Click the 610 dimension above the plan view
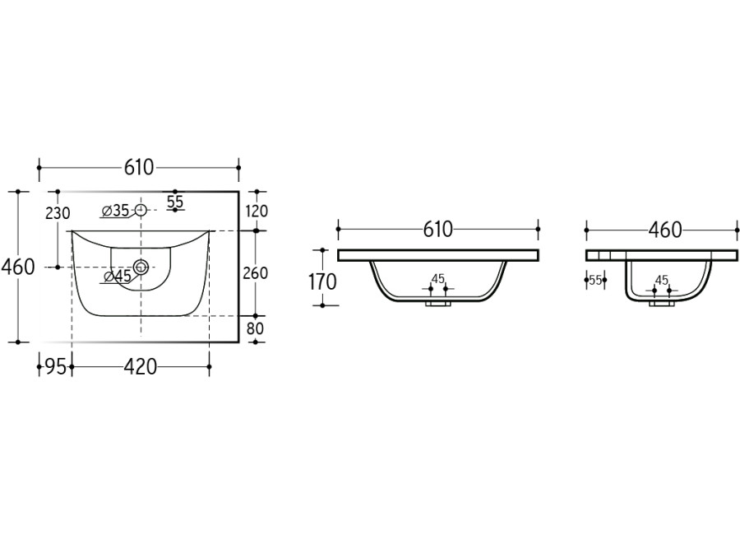(x=139, y=167)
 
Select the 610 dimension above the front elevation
(x=438, y=229)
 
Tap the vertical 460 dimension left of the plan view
(x=18, y=267)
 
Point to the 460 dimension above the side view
(x=665, y=230)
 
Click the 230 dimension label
(x=58, y=214)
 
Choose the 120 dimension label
(x=256, y=211)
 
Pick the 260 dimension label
(x=255, y=273)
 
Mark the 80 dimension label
(x=256, y=328)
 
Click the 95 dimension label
(x=55, y=367)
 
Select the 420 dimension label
(x=140, y=367)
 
